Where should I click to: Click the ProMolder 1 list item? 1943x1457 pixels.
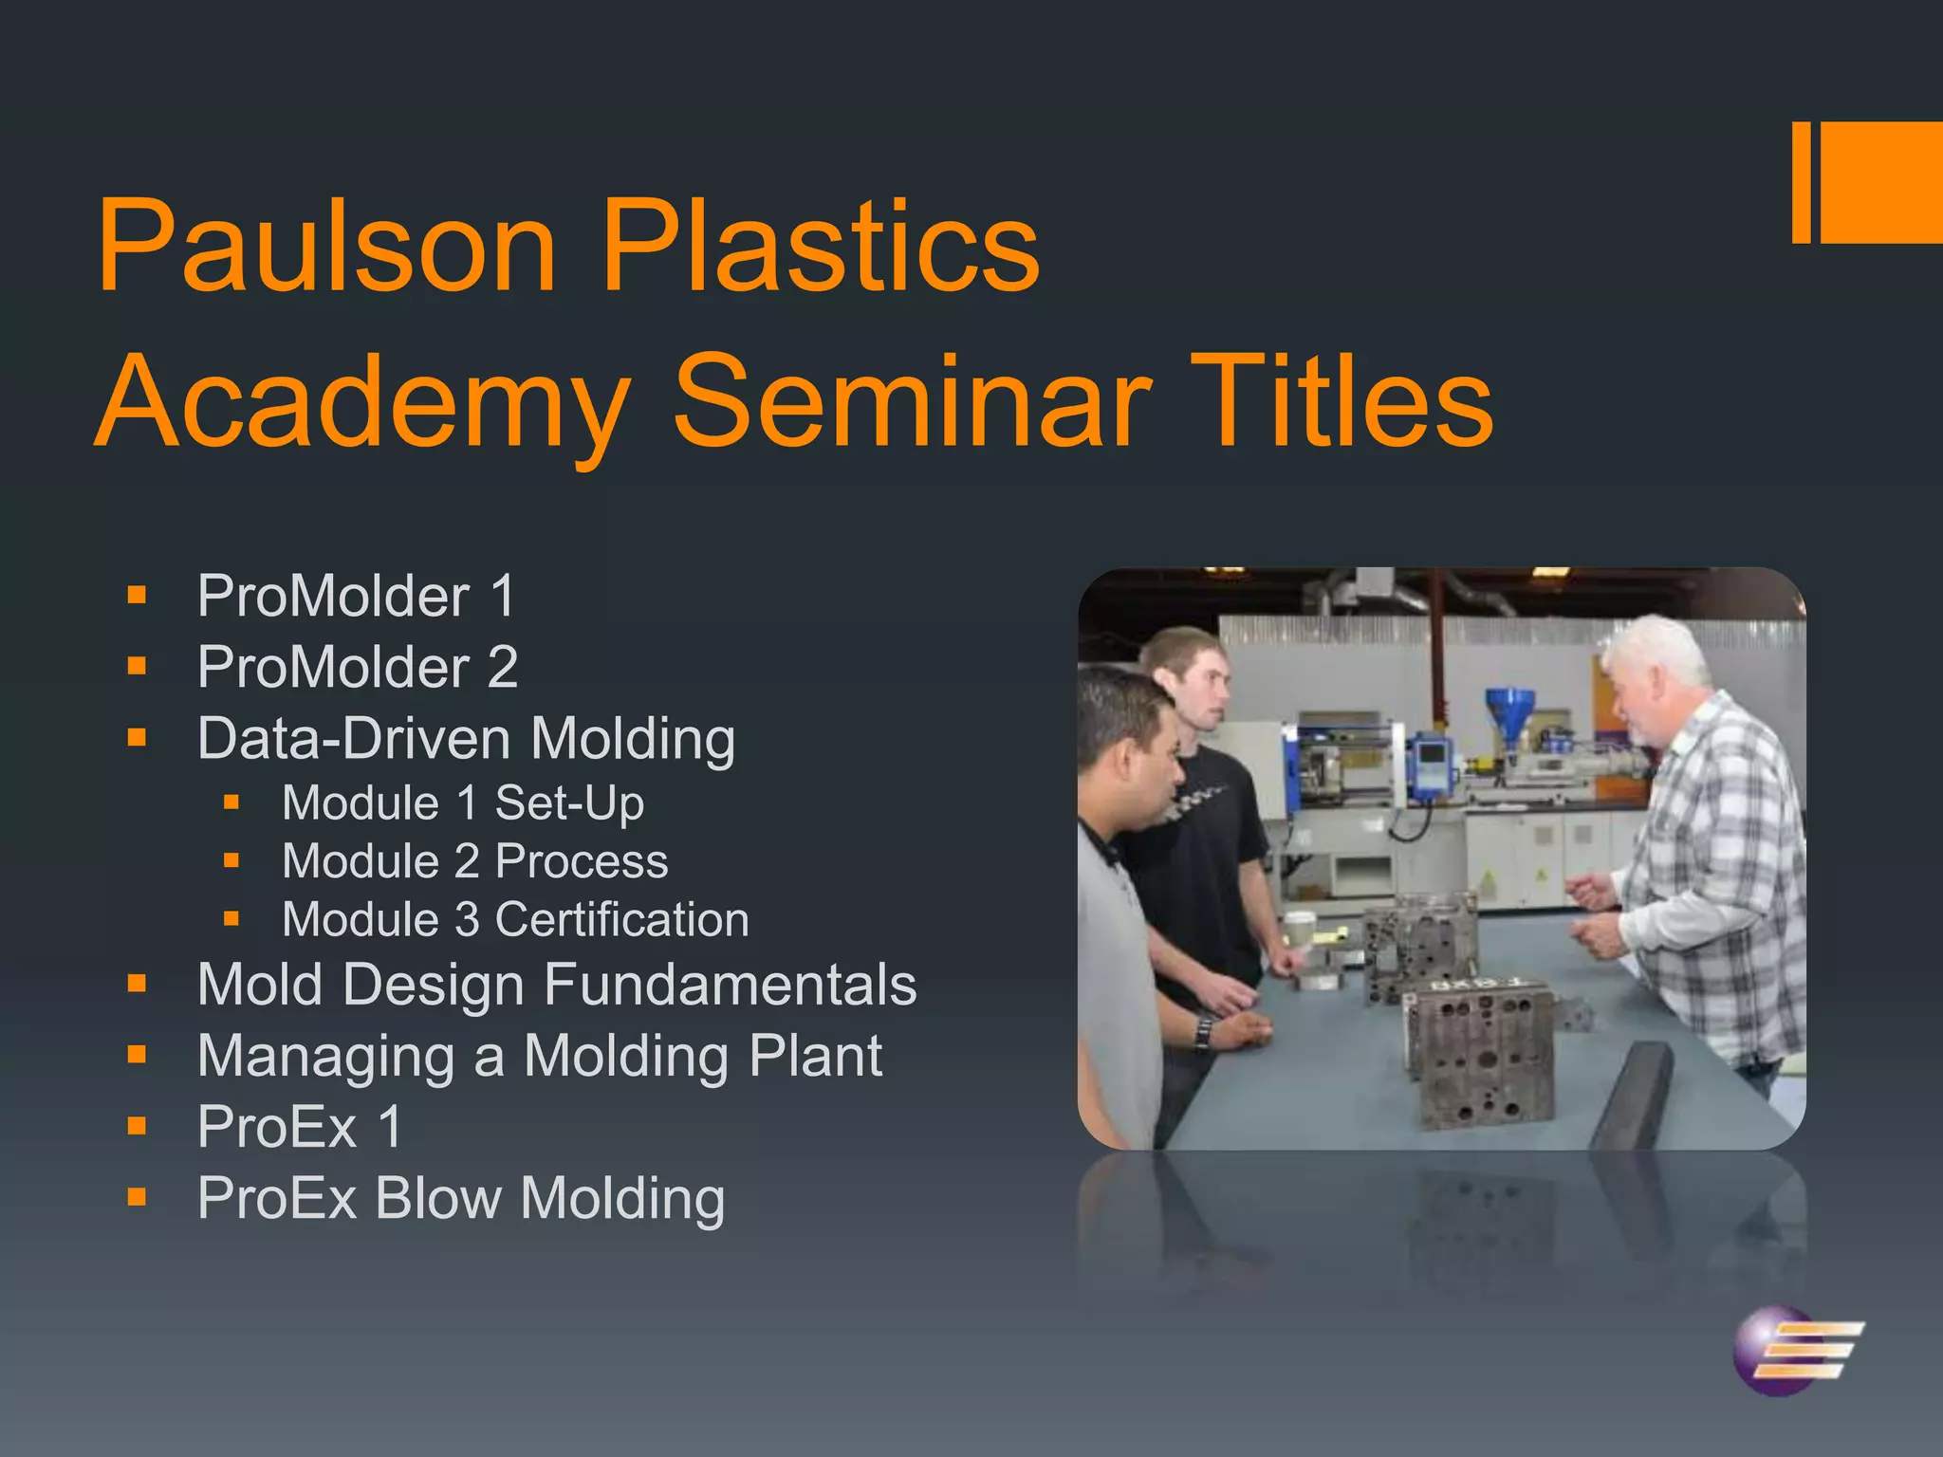[x=356, y=597]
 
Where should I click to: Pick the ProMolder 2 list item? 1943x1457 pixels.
[x=358, y=667]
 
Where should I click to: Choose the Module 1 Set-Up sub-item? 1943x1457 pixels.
[x=463, y=803]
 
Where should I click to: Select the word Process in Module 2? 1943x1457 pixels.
[x=582, y=861]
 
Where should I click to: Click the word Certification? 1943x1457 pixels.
[x=621, y=920]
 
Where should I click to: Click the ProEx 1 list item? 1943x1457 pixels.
[x=300, y=1127]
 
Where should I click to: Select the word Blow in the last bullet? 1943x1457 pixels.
[x=437, y=1198]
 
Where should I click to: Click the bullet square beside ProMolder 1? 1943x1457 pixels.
[x=138, y=596]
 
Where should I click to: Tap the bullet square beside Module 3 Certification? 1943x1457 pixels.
[x=231, y=918]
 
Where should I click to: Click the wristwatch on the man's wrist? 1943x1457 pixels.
[x=1204, y=1032]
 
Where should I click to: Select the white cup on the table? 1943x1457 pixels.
[x=1297, y=931]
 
